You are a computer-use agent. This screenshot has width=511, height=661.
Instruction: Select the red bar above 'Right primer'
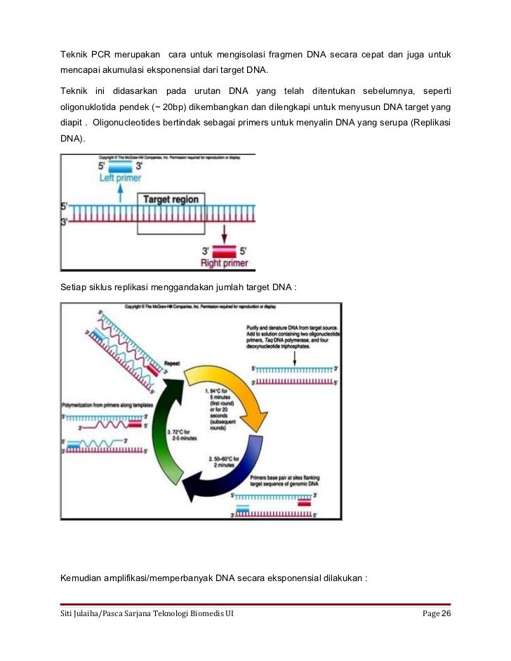(x=225, y=250)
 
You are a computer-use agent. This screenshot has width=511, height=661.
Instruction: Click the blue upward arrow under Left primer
(x=119, y=193)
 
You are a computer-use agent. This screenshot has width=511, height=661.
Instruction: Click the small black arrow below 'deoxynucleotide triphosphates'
(x=296, y=358)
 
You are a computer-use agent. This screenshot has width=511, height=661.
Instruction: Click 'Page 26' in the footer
(x=436, y=615)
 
